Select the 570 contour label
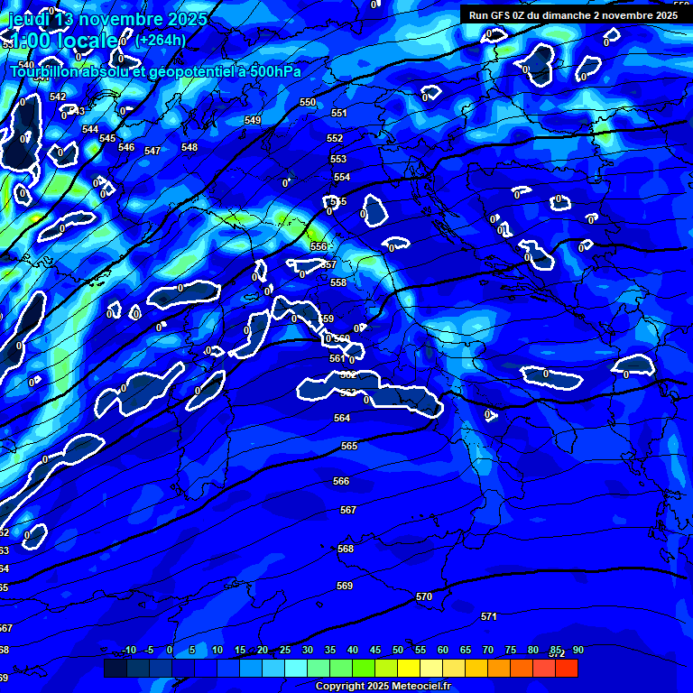(424, 596)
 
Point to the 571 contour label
(488, 616)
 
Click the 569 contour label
(344, 586)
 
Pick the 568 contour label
(346, 549)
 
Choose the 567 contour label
(347, 510)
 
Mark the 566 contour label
(341, 481)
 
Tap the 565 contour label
(349, 446)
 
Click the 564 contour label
(342, 418)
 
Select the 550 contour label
(308, 102)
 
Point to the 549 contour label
(253, 120)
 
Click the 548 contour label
(189, 147)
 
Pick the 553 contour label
(338, 159)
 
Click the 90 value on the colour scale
(577, 651)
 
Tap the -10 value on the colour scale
(129, 651)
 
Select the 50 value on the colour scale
(398, 651)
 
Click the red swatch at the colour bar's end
(566, 668)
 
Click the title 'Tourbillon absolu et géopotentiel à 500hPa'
(155, 72)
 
